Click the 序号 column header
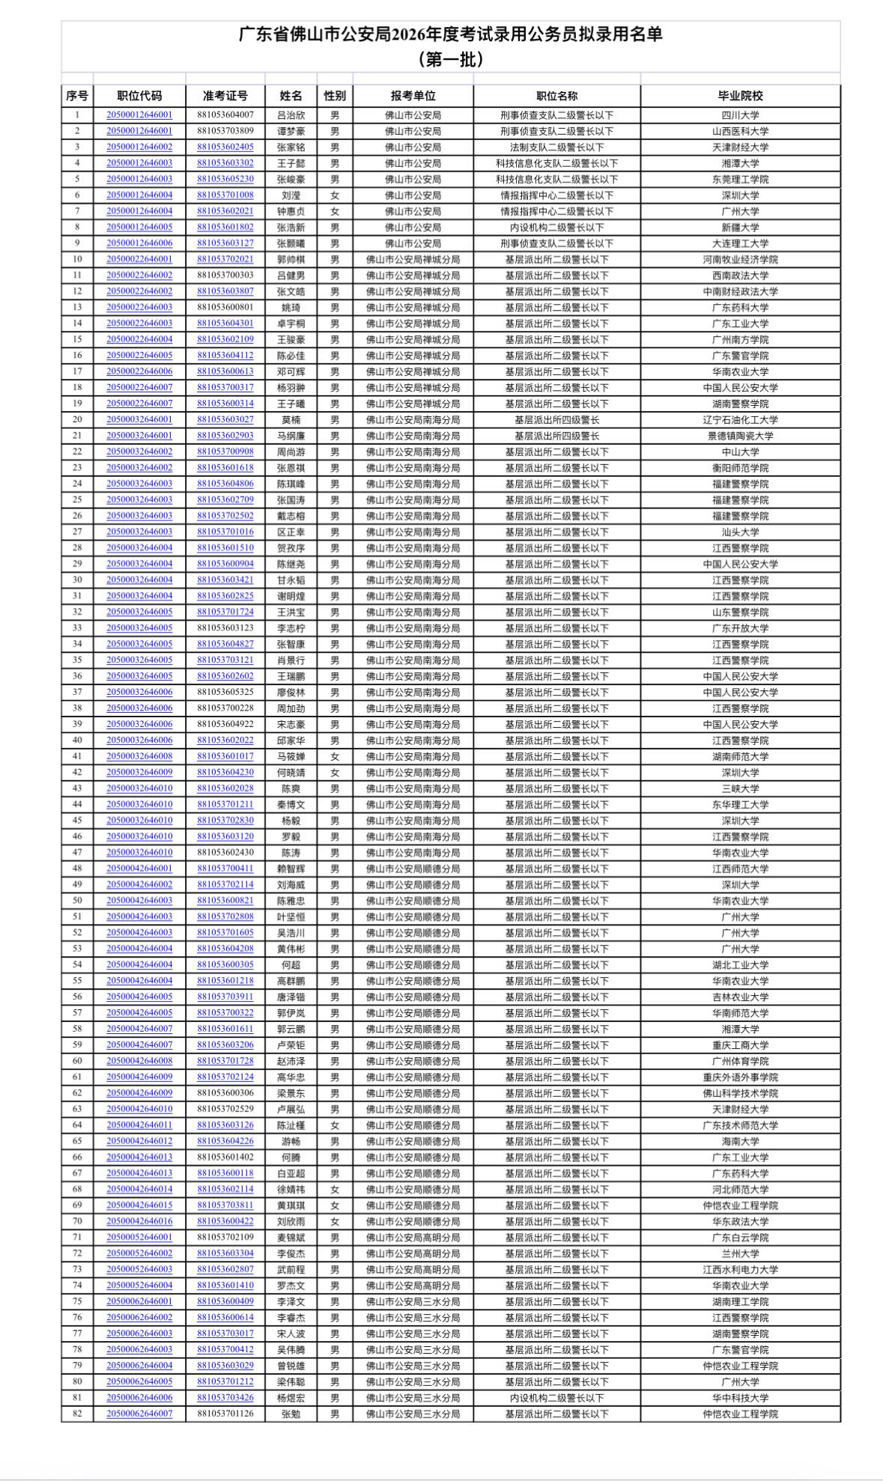[77, 96]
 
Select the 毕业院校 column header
[740, 96]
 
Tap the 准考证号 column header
[225, 96]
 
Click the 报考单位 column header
[413, 96]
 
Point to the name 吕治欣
[291, 115]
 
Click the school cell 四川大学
[740, 115]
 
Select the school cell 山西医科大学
[740, 131]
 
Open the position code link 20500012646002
[139, 148]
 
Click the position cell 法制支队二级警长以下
[556, 148]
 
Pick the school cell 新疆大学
[740, 228]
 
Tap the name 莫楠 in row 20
[291, 420]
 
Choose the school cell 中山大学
[740, 452]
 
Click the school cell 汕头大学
[740, 532]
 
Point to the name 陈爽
[291, 788]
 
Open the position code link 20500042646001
[139, 869]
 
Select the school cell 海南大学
[740, 1141]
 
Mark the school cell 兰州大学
[740, 1253]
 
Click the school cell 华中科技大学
[740, 1398]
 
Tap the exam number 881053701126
[225, 1414]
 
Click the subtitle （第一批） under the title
[450, 58]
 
